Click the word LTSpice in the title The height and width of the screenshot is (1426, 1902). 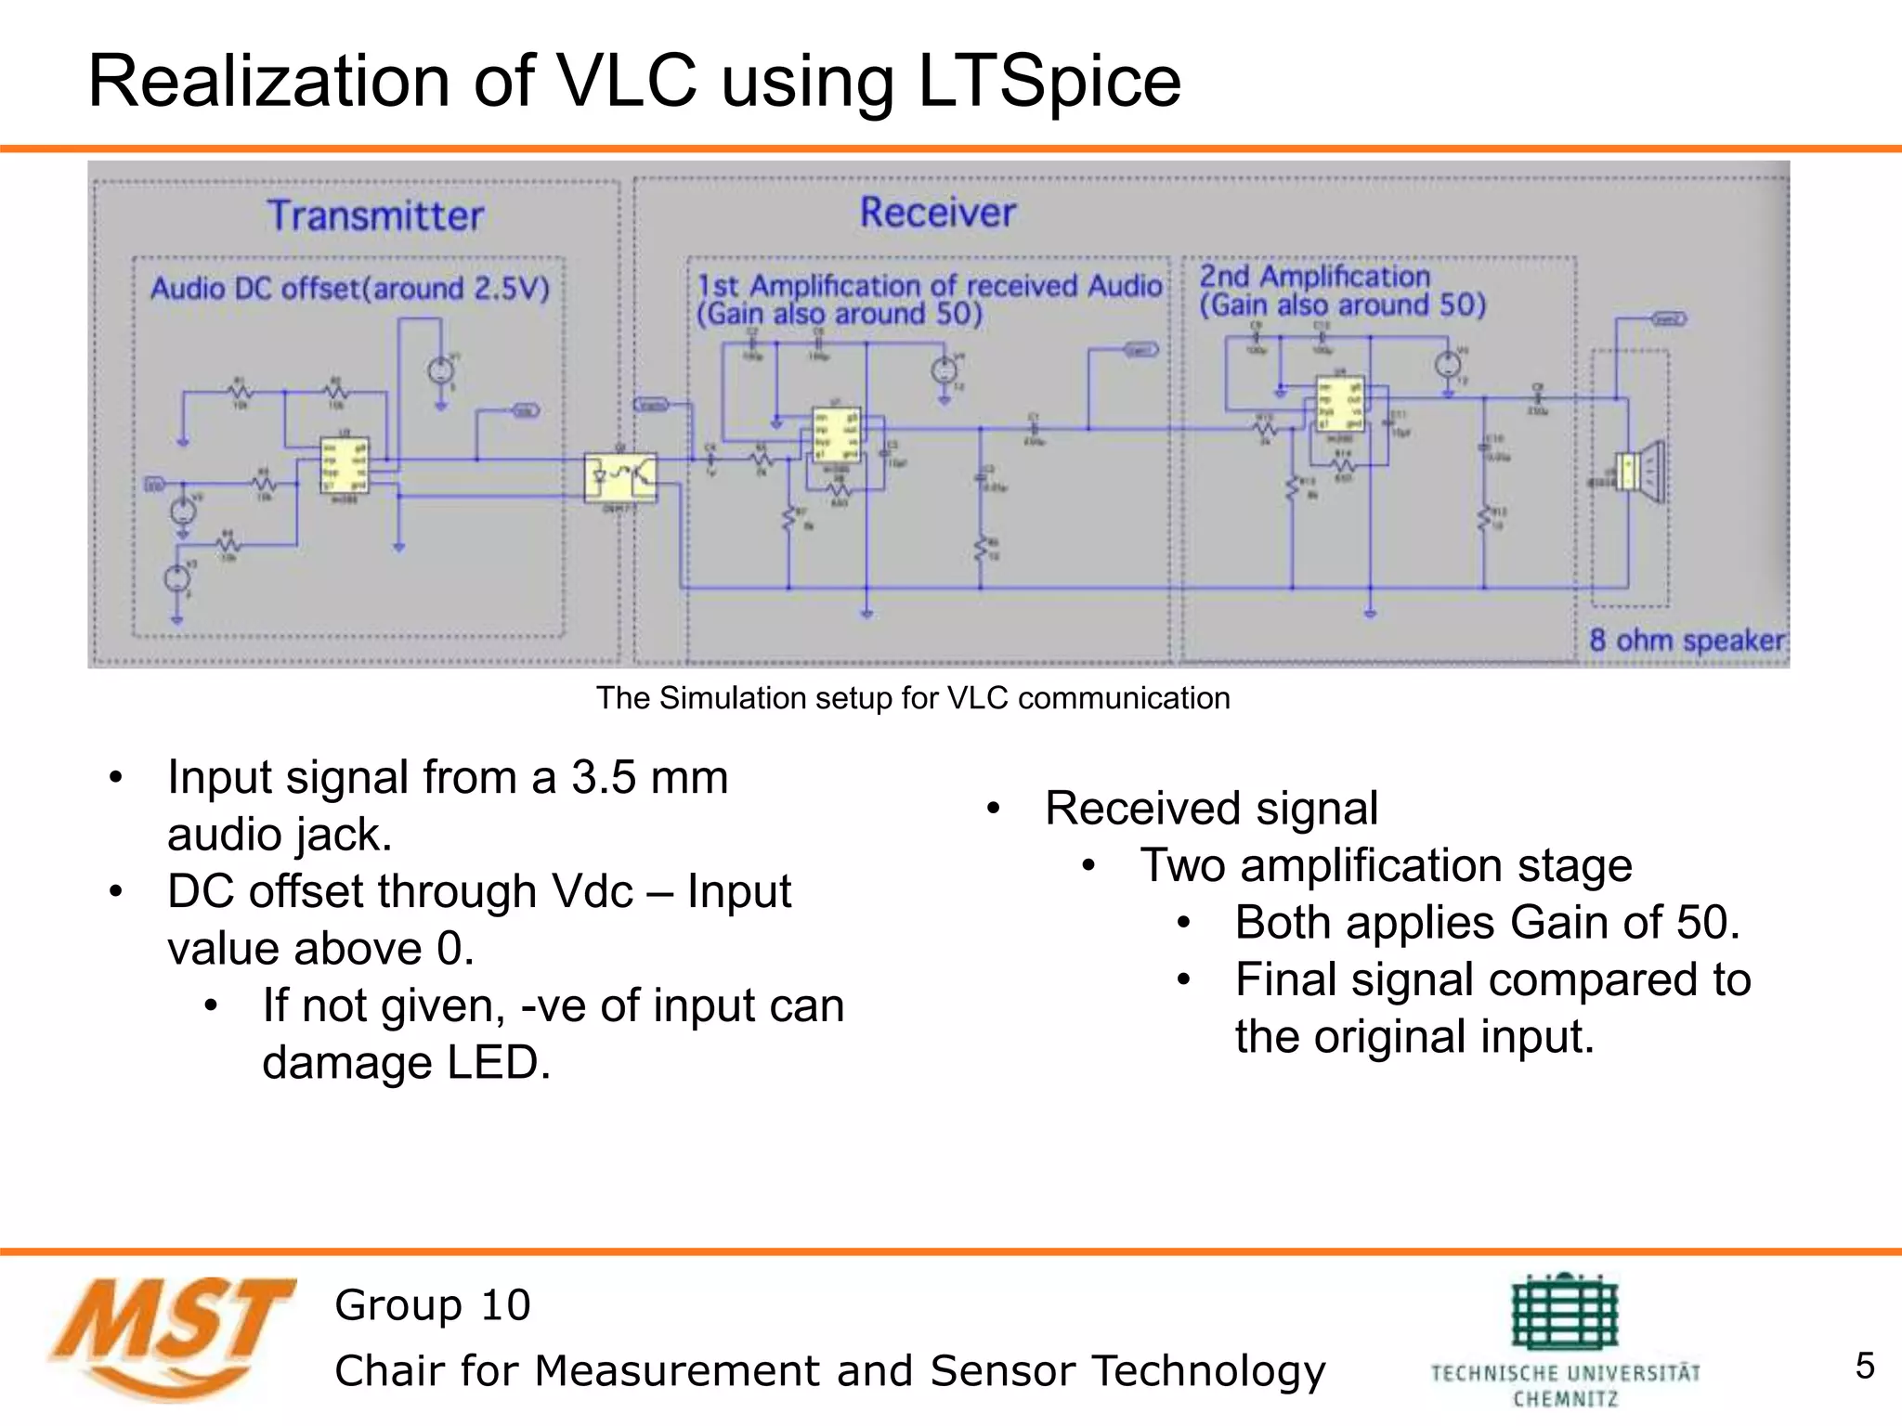1049,82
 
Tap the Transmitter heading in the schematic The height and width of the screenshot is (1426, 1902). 375,215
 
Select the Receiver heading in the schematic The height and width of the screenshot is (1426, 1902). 937,212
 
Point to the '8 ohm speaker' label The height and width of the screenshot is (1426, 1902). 1686,640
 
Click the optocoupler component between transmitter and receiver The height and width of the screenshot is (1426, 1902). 620,476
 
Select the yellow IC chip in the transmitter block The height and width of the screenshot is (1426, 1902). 345,465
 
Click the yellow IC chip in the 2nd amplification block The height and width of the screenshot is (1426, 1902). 1340,403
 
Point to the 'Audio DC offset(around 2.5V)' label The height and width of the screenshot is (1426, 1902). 350,289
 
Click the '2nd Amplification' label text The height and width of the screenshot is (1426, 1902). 1313,277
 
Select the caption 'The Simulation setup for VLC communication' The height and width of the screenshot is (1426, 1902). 913,698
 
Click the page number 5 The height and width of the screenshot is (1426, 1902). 1864,1366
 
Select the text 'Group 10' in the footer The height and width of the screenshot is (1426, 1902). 433,1305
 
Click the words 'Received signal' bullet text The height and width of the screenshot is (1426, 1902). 1211,808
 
